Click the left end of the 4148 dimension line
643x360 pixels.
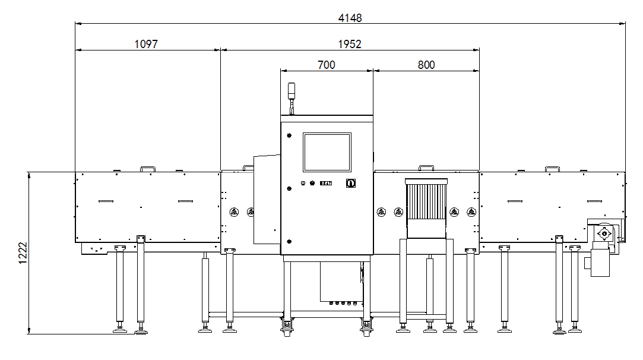pos(75,24)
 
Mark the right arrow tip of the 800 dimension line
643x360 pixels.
pos(479,71)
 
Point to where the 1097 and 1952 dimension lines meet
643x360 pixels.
pos(221,50)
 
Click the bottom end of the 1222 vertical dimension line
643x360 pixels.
pos(28,334)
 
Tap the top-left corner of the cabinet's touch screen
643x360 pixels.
pos(303,133)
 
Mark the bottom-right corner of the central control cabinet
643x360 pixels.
pos(373,254)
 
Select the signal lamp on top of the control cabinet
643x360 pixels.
pos(292,91)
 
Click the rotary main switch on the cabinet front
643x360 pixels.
pos(351,183)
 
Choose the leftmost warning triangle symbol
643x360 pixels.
pos(234,212)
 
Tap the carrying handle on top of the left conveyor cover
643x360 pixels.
pos(148,169)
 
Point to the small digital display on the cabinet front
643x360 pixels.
pos(326,183)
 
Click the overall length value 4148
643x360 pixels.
pos(350,18)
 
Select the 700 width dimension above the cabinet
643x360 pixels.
pos(327,65)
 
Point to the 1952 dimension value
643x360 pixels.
pos(349,44)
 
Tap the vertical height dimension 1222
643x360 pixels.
pos(23,253)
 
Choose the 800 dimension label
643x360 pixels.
pos(426,65)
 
